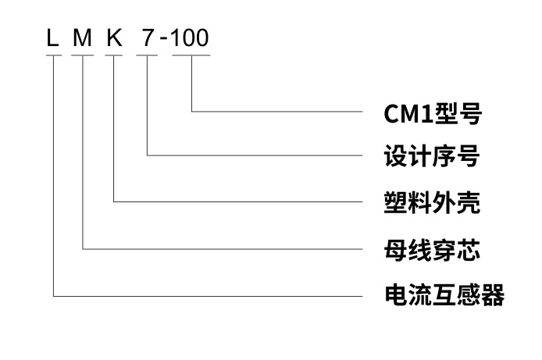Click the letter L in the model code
(53, 37)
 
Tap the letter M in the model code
(83, 37)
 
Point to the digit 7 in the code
(147, 37)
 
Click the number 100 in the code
(191, 37)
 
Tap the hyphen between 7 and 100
(165, 40)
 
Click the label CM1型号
(432, 114)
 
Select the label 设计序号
(432, 158)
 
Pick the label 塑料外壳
(432, 205)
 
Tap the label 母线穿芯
(432, 251)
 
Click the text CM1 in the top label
(407, 114)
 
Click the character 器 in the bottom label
(493, 296)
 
